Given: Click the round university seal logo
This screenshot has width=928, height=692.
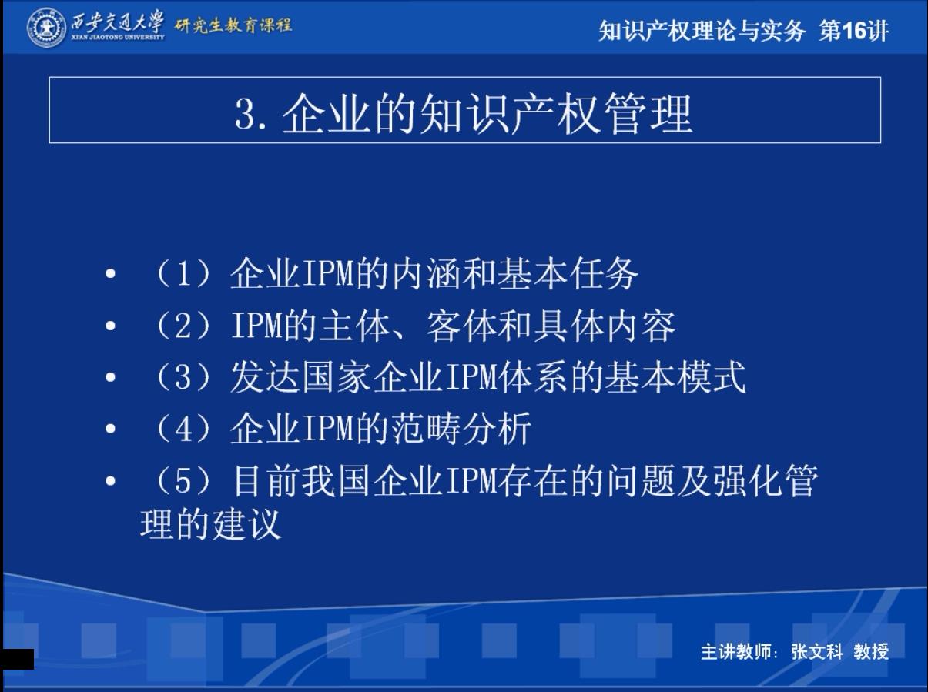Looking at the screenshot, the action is coord(46,28).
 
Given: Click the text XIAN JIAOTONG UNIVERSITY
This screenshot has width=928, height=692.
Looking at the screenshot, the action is coord(118,37).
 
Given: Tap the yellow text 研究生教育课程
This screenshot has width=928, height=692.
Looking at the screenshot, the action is coord(233,25).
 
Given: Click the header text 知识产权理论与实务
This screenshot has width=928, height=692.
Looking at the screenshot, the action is coord(702,31).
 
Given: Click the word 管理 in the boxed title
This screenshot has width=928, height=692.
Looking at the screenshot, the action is coord(648,114).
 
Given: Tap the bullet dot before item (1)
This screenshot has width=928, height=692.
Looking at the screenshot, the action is coord(110,274).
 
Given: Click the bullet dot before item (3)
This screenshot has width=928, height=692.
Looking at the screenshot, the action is coord(110,377).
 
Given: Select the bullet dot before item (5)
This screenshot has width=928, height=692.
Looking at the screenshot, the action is coord(110,480).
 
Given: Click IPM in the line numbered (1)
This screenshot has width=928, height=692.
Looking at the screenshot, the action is coord(328,274).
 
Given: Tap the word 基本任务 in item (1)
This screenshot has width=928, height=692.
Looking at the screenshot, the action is coord(568,274).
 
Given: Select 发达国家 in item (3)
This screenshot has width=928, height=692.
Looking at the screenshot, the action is coord(301,377).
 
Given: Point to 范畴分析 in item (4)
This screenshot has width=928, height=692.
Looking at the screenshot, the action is coord(461,430).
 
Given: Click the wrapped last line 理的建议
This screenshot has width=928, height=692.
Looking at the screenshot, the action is coord(210,524).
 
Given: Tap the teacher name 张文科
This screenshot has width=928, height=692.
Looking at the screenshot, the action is coord(817,652).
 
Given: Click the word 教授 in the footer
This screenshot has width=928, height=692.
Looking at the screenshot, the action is coord(871,652).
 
